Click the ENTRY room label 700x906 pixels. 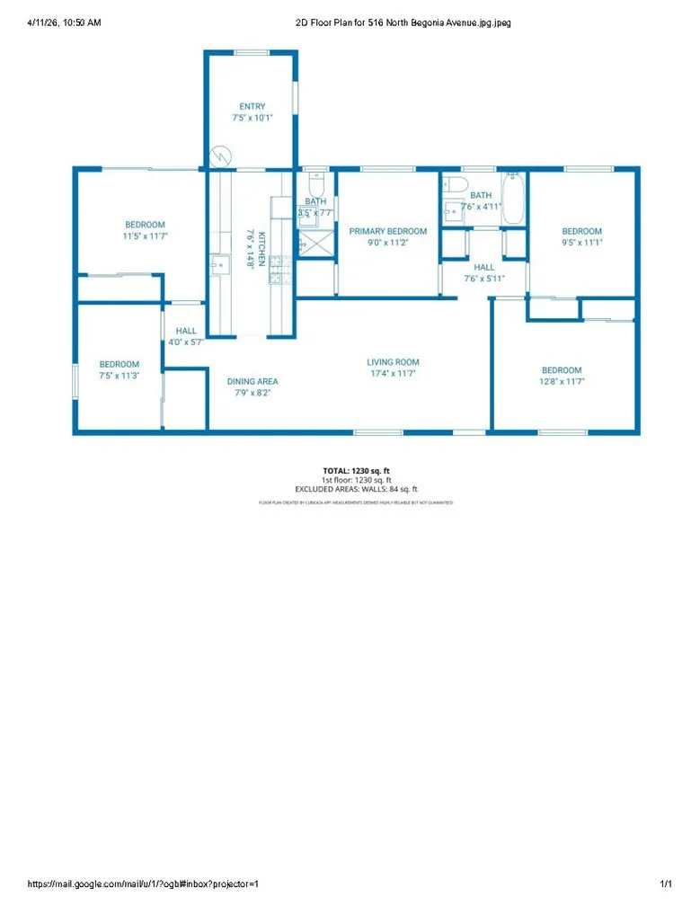pyautogui.click(x=252, y=106)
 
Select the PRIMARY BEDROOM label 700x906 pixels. pyautogui.click(x=387, y=231)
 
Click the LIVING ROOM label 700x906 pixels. pyautogui.click(x=394, y=362)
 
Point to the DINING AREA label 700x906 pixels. pyautogui.click(x=253, y=381)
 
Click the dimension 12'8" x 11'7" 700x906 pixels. pyautogui.click(x=561, y=382)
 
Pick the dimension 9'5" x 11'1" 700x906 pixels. pyautogui.click(x=581, y=243)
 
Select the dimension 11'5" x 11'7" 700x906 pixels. pyautogui.click(x=145, y=235)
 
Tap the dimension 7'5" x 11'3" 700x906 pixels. pyautogui.click(x=119, y=376)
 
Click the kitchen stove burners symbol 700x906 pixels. pyautogui.click(x=276, y=263)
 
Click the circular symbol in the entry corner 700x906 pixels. pyautogui.click(x=219, y=156)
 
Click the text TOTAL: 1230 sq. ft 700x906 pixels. pyautogui.click(x=356, y=470)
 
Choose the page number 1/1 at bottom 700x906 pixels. pyautogui.click(x=665, y=884)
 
